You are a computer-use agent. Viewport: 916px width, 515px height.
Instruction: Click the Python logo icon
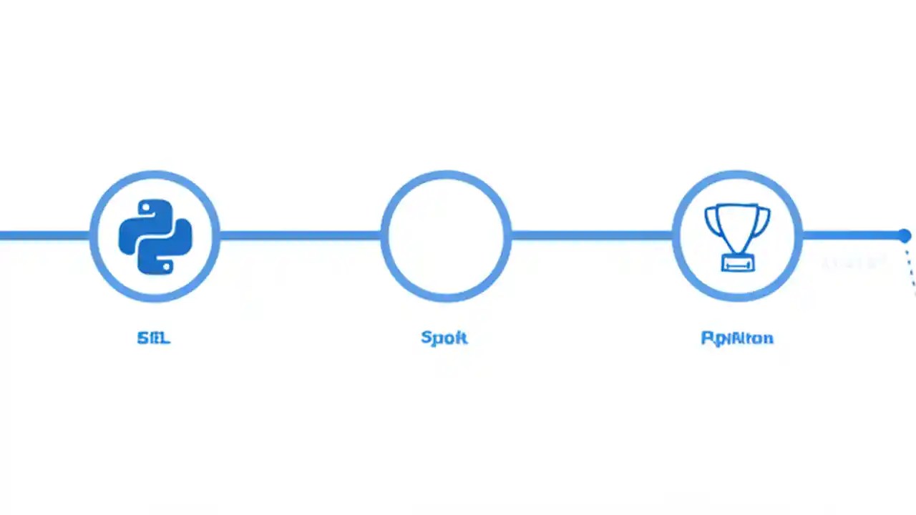tap(155, 236)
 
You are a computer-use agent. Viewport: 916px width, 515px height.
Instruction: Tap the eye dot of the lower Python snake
tap(166, 265)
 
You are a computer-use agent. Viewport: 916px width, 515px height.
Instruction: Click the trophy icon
tap(737, 237)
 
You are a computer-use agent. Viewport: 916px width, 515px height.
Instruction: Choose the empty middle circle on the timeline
tap(446, 235)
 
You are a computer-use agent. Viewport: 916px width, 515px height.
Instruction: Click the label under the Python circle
tap(154, 338)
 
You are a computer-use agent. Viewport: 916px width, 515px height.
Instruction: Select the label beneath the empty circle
tap(444, 338)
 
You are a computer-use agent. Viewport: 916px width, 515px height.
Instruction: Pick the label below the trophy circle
tap(737, 338)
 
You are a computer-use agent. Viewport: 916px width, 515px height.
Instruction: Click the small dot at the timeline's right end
tap(905, 235)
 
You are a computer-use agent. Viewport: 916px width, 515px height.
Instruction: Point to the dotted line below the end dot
tap(911, 272)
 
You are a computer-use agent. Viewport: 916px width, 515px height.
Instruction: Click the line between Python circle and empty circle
tap(301, 235)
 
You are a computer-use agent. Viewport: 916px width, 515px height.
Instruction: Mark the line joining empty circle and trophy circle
tap(592, 235)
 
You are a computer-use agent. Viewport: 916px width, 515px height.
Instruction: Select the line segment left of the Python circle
tap(43, 235)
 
